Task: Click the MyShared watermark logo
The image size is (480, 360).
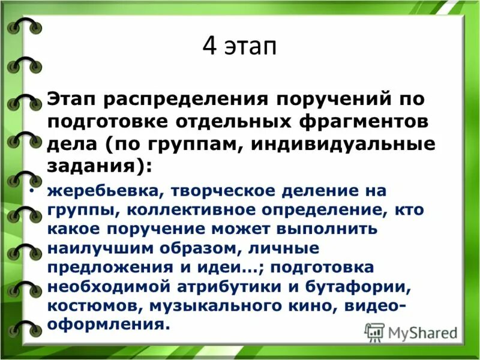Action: [x=412, y=332]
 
